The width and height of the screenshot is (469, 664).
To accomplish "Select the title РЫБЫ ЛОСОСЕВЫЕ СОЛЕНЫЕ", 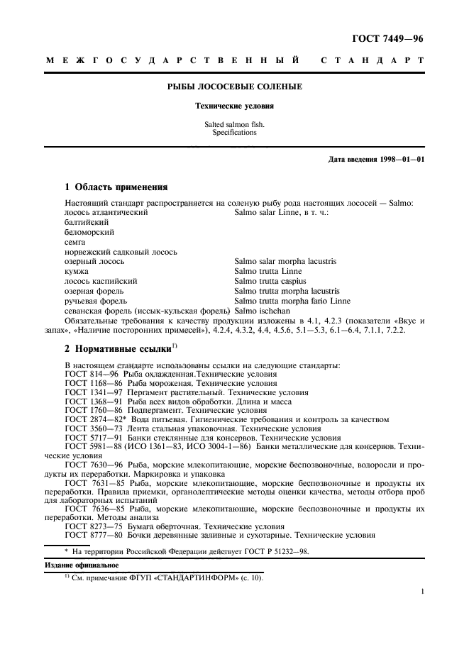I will [x=234, y=87].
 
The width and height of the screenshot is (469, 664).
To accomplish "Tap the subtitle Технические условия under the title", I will [x=234, y=106].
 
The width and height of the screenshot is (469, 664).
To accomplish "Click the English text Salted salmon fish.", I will [x=234, y=125].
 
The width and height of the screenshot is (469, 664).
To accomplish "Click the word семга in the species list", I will [x=75, y=242].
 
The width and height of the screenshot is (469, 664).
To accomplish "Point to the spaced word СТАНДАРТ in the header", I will [x=373, y=61].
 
